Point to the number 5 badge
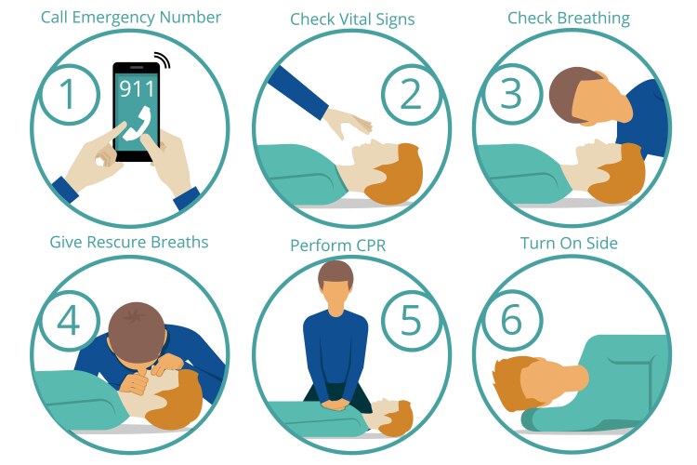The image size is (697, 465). pos(410,319)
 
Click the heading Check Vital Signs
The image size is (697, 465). pos(352,19)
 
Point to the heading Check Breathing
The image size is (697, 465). pos(568,18)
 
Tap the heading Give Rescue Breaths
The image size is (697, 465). pos(129,242)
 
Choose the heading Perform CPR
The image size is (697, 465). pos(337,246)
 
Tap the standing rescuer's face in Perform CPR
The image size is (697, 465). pos(335,294)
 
